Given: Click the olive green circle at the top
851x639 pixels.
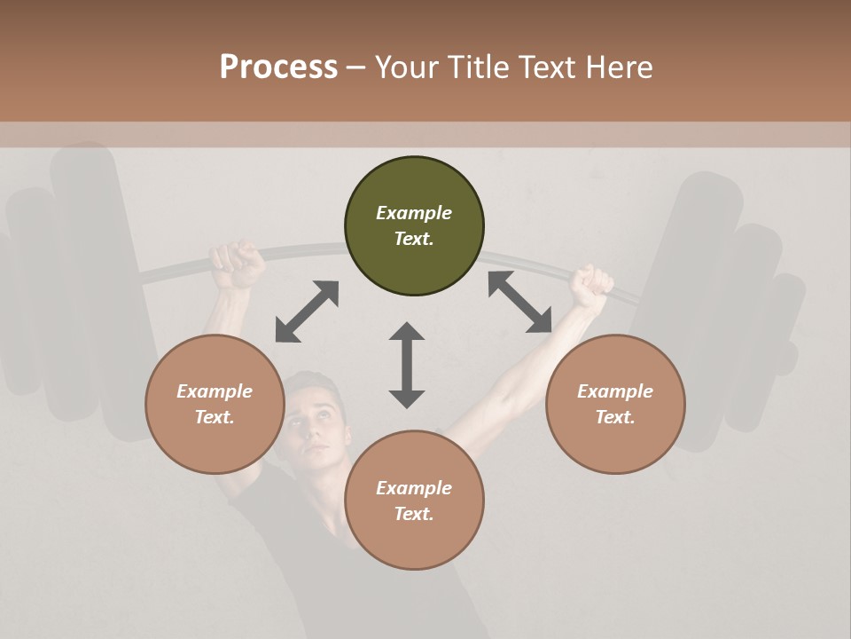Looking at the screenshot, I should tap(414, 226).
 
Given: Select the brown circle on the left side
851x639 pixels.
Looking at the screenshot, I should tap(215, 404).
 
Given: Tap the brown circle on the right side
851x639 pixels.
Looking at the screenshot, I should tap(614, 404).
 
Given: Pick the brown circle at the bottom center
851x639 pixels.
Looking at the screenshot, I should tap(414, 501).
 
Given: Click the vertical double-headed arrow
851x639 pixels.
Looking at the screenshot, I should tap(407, 365).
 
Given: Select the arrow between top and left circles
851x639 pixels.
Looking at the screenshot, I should tap(307, 312).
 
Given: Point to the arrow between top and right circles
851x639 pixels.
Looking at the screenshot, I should tap(519, 302).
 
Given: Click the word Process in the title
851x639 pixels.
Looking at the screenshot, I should tap(278, 67).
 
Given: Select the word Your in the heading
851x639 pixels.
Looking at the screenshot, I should tap(407, 67).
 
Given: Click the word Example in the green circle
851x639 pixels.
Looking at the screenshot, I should tap(414, 213).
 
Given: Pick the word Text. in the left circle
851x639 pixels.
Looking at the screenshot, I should tap(215, 417).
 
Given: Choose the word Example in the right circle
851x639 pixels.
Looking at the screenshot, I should tap(614, 391).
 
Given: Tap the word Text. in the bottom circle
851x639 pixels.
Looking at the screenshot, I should tap(414, 514).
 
